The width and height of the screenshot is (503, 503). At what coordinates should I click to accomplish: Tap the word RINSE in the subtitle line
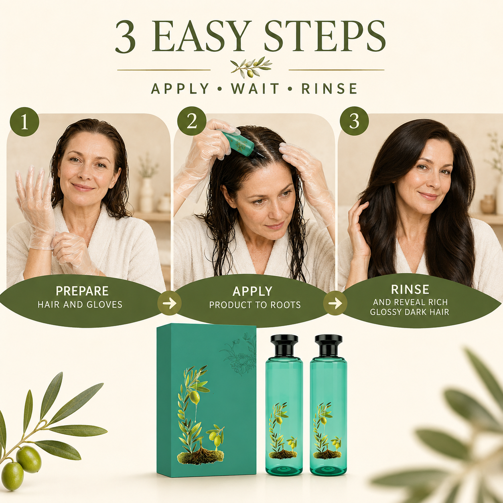coord(329,89)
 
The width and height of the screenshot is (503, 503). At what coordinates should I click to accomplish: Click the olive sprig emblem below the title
coord(251,67)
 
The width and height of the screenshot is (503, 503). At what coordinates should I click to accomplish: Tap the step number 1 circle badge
coord(24,122)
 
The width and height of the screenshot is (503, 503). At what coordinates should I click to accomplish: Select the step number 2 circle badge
coord(192,121)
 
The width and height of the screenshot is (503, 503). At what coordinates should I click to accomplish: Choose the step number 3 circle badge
coord(354,121)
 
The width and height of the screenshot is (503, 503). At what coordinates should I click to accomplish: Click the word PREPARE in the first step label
coord(82,291)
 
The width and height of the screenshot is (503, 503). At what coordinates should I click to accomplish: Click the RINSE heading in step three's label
coord(410,289)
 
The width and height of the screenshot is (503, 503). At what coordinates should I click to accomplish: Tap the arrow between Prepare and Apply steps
coord(169,303)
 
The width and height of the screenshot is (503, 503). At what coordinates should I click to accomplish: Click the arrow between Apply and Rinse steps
coord(335,303)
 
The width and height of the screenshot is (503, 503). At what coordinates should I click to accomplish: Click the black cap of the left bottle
coord(284,346)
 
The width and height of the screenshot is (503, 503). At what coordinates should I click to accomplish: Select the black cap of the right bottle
coord(329,346)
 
